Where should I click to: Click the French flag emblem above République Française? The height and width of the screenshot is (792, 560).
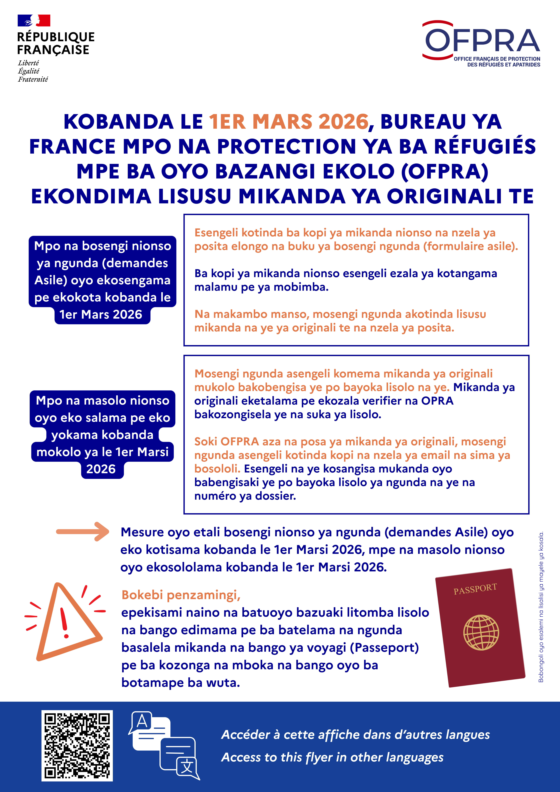34,21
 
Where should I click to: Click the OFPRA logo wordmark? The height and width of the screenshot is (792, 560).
482,41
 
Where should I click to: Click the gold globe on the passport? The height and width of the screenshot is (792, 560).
481,632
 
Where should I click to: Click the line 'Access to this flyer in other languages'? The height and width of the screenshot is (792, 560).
332,757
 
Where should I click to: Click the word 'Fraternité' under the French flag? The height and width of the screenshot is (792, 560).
33,79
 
